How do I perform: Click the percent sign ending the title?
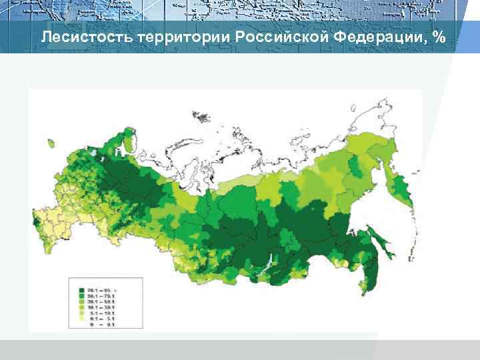pyautogui.click(x=438, y=37)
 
